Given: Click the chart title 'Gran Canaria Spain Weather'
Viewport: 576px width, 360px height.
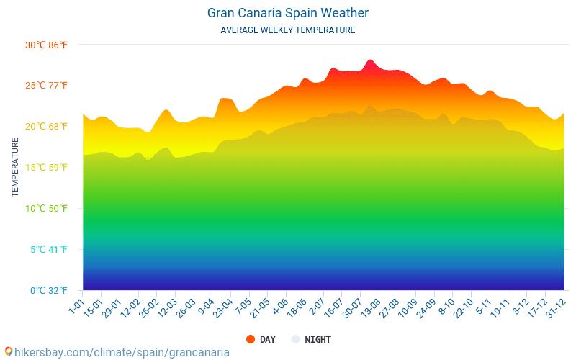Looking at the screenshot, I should [288, 13].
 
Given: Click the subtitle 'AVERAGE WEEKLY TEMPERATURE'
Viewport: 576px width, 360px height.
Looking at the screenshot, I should [288, 30].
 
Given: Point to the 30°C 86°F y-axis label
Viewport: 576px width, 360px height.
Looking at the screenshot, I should [47, 45].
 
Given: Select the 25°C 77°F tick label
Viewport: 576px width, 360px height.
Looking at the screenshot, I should [47, 86].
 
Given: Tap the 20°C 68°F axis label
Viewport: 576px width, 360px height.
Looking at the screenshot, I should [47, 127].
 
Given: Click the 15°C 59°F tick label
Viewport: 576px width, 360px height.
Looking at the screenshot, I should [47, 168].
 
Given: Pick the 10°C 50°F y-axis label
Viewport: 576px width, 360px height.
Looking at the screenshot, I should [47, 209].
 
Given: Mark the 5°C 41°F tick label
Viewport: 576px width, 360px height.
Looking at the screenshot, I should [47, 250].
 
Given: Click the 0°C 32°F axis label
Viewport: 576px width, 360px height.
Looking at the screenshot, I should [47, 291].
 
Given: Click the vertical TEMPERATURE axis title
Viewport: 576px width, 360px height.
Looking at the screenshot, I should [15, 168].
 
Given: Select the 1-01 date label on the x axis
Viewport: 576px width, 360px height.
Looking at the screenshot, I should [76, 304].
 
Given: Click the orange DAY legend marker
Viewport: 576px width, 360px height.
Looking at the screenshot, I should [251, 339].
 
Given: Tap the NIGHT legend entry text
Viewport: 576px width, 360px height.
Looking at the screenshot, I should [318, 339].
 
